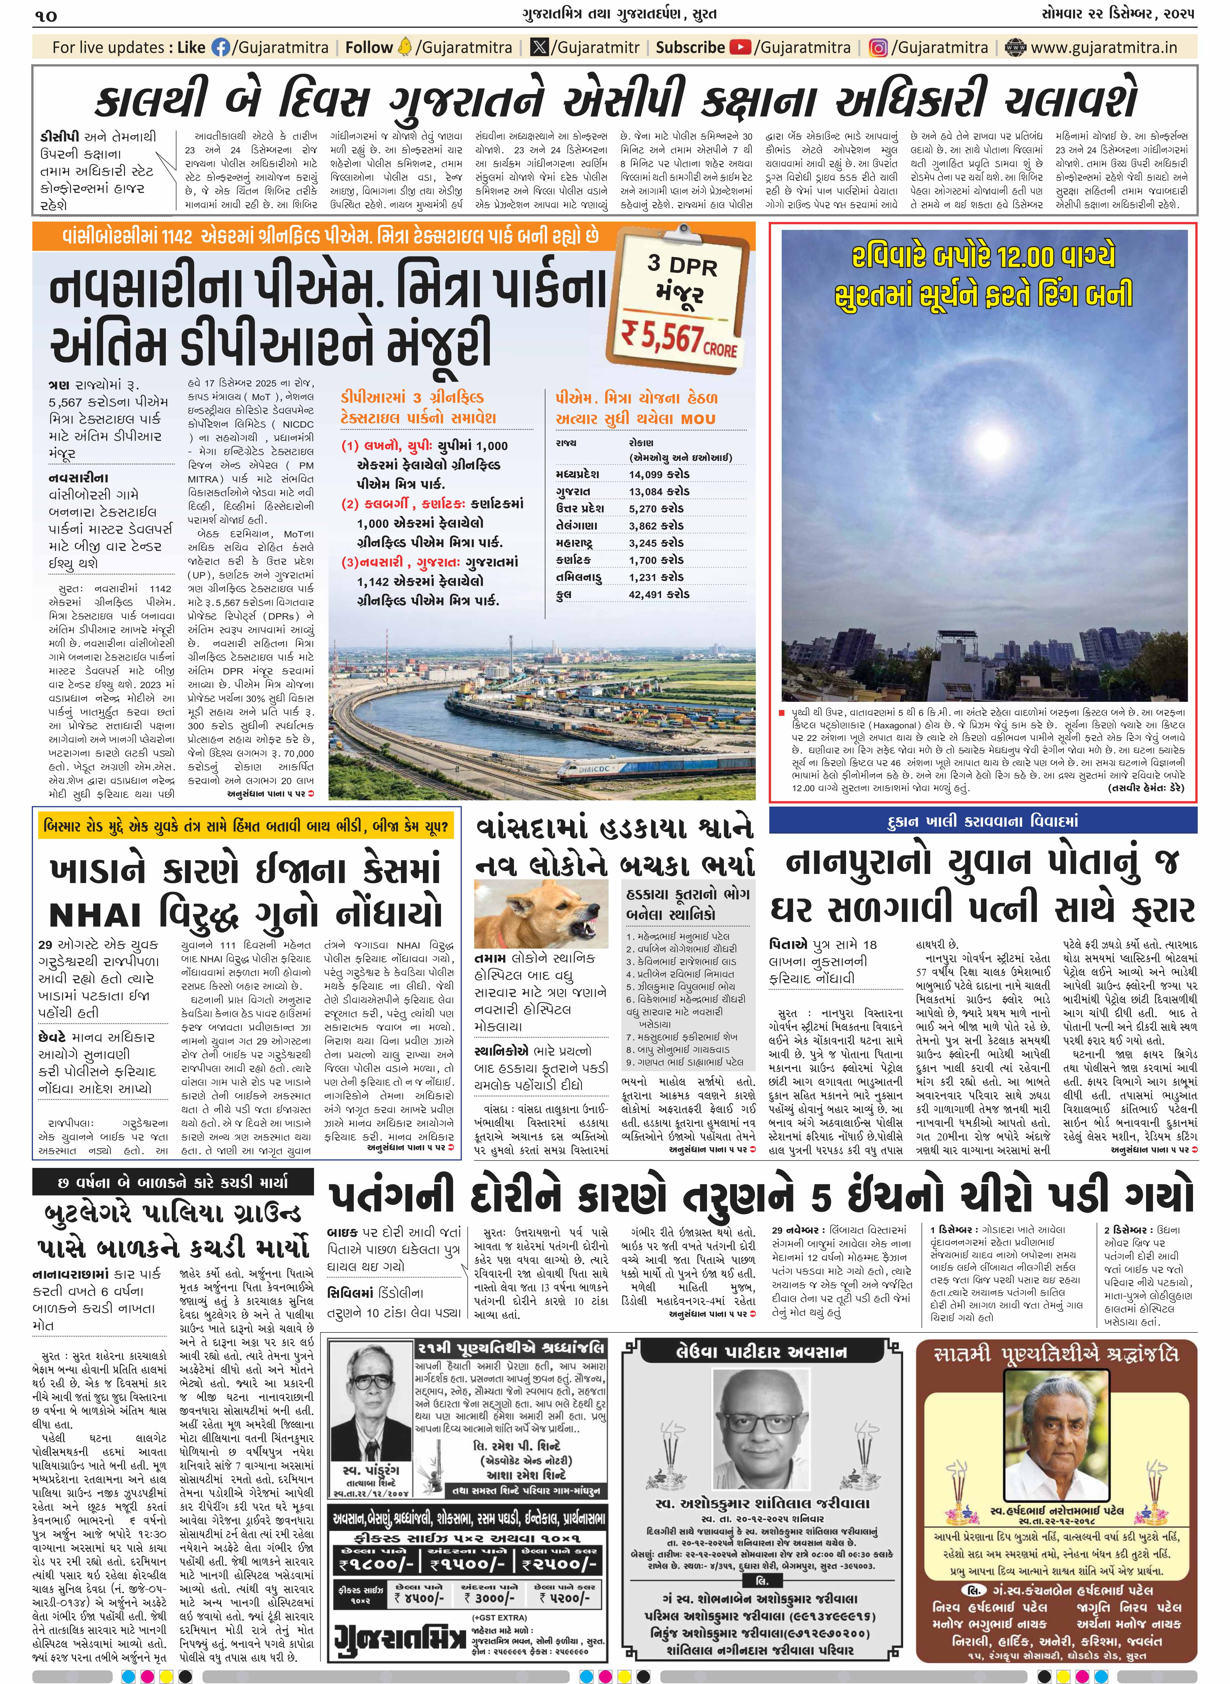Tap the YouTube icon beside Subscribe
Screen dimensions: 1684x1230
pyautogui.click(x=740, y=48)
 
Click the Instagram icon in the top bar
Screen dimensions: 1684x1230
pyautogui.click(x=879, y=48)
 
